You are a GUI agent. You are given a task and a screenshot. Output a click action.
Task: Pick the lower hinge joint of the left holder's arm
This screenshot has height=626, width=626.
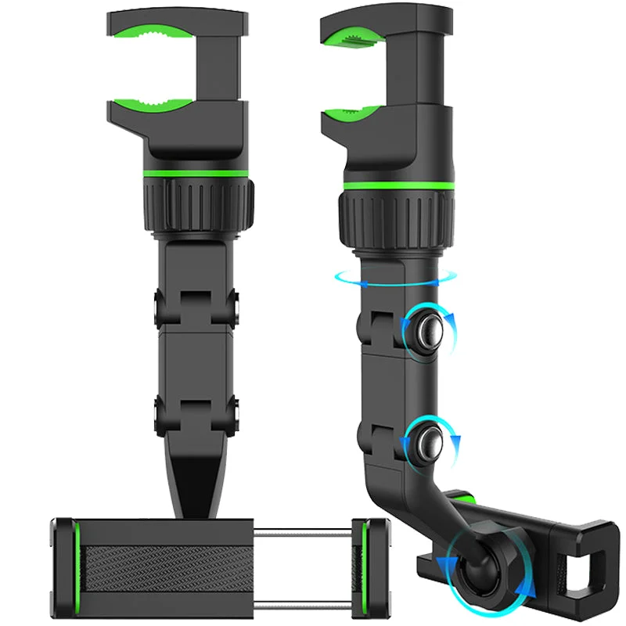[x=196, y=415]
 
